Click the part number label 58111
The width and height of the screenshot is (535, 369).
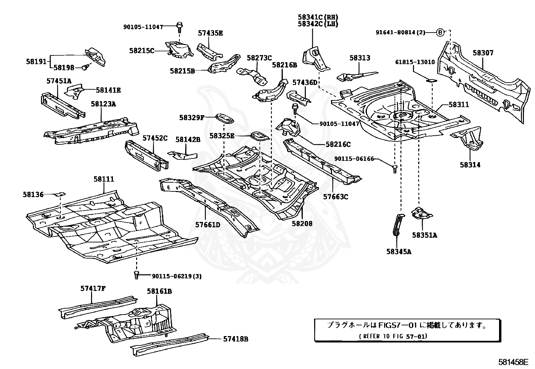[104, 179]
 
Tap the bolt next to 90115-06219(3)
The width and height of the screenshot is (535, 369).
[136, 274]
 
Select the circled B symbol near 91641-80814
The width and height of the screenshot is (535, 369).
[440, 33]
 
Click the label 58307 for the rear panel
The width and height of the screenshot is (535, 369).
[483, 53]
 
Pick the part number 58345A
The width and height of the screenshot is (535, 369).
[399, 251]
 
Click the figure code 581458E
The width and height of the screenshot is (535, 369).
[513, 362]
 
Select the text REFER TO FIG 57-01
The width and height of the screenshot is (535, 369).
[393, 336]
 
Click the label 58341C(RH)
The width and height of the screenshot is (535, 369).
[318, 17]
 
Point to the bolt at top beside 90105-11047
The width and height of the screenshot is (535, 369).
[179, 26]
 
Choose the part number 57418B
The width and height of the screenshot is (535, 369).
[236, 339]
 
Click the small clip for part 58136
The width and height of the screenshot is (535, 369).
[60, 194]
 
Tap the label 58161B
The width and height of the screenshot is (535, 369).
[159, 291]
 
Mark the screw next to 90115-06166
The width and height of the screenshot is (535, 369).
[395, 168]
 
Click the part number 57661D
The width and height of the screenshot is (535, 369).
[208, 224]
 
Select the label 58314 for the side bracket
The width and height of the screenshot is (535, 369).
[470, 165]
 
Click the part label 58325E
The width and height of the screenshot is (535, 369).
[221, 136]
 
